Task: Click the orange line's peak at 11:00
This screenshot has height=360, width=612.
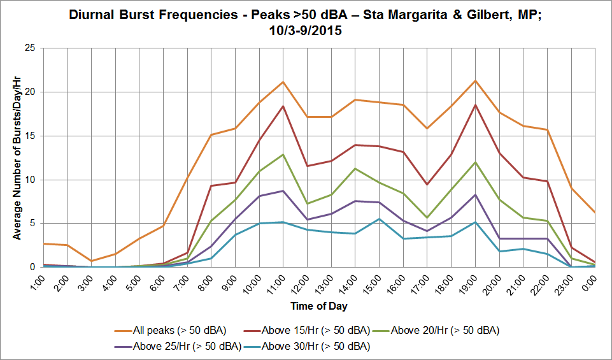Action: tap(283, 82)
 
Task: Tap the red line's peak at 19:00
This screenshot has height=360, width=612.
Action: tap(475, 104)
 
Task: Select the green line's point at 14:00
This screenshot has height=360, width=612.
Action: tap(355, 168)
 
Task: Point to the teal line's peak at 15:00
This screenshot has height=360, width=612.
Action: tap(379, 219)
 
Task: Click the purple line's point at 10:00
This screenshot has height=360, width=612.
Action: tap(259, 196)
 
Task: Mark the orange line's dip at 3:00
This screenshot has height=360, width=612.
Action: tap(91, 261)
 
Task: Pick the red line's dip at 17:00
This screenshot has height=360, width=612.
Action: tap(427, 184)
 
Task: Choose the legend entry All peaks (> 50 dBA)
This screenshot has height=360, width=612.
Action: tap(171, 331)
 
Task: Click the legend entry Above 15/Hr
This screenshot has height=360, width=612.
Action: tap(306, 331)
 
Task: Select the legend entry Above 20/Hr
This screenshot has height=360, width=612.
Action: tap(436, 331)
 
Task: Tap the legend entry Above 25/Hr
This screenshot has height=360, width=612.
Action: tap(178, 347)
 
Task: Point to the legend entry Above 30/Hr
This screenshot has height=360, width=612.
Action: tap(306, 347)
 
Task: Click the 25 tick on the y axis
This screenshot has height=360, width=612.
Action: tap(30, 48)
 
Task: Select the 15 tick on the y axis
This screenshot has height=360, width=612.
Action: tap(30, 136)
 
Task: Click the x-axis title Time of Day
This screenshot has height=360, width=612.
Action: tap(319, 306)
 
